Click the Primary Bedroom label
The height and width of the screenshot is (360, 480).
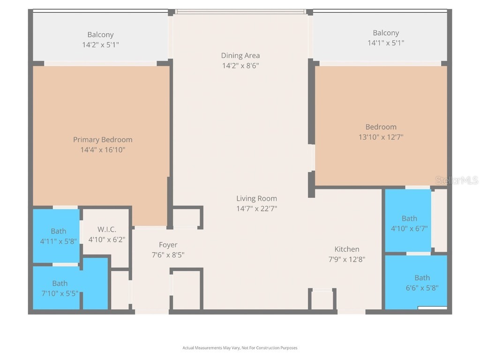tap(103, 140)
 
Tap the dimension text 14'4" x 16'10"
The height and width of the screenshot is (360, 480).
tap(103, 150)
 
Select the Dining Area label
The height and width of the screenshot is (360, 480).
tap(240, 56)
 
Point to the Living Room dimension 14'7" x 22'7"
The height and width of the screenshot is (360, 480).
tap(256, 209)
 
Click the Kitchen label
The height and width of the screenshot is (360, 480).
tap(347, 249)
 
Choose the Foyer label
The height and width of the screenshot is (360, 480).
tap(168, 245)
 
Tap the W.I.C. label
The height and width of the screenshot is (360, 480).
tap(107, 229)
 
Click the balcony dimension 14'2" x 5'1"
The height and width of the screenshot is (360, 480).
tap(100, 45)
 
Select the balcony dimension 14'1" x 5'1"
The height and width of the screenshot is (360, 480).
tap(386, 43)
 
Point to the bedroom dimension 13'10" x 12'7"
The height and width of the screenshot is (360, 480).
tap(381, 137)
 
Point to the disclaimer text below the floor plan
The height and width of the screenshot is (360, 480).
tap(240, 348)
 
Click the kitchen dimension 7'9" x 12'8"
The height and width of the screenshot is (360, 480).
tap(347, 259)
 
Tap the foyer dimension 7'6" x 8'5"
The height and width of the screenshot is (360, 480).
tap(168, 255)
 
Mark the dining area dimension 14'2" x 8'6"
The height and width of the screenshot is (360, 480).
tap(240, 66)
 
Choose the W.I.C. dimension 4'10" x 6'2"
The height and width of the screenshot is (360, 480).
tap(107, 240)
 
